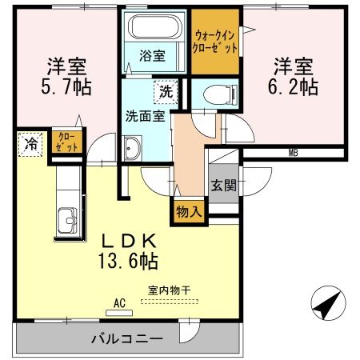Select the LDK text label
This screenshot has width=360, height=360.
pos(129,239)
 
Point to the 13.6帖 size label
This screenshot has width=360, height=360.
pos(129,260)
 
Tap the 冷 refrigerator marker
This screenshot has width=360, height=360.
pos(29,145)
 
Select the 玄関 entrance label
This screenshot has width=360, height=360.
pos(223,186)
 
